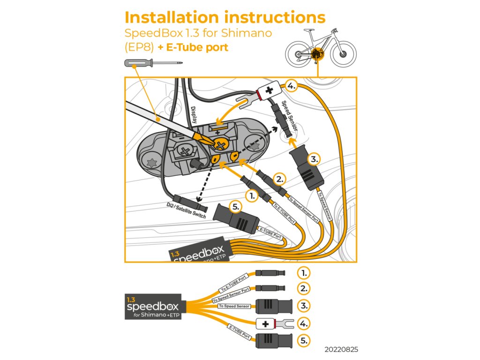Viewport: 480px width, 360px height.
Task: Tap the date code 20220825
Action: (x=344, y=350)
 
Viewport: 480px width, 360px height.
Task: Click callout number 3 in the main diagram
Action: (x=314, y=159)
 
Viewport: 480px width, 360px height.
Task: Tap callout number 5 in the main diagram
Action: (x=236, y=206)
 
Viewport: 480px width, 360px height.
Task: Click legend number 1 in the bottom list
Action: (x=304, y=272)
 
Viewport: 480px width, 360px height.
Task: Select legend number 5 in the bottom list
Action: (x=304, y=340)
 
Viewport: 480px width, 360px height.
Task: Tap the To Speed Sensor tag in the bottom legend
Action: (x=234, y=306)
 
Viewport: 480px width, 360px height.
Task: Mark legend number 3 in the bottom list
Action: (x=304, y=306)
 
